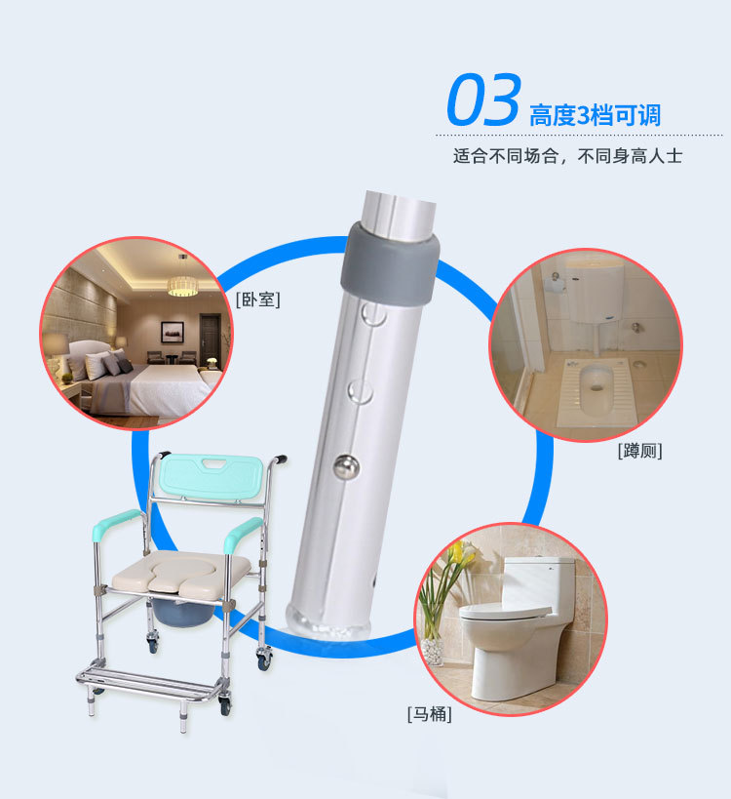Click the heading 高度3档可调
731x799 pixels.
coord(595,115)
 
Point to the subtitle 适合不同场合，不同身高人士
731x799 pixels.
coord(567,156)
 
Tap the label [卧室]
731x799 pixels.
coord(257,300)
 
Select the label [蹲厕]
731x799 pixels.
coord(639,451)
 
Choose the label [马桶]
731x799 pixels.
coord(429,714)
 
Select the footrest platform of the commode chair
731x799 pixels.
coord(146,677)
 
